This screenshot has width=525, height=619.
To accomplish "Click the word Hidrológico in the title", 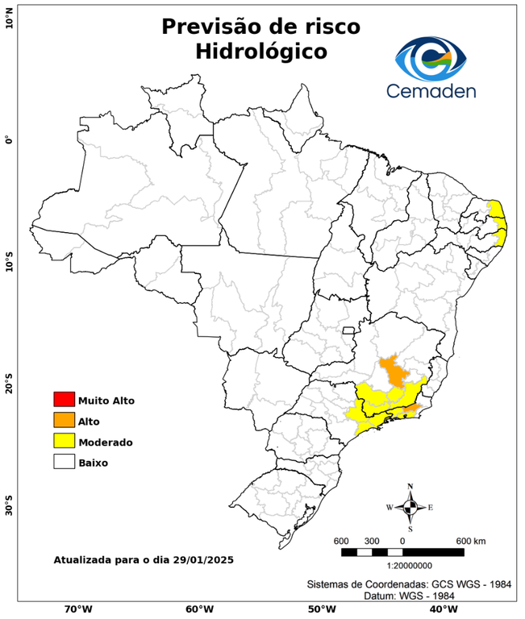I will pyautogui.click(x=260, y=52).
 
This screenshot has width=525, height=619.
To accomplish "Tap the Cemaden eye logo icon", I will pyautogui.click(x=436, y=57).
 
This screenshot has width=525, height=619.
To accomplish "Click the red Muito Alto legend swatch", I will pyautogui.click(x=64, y=400).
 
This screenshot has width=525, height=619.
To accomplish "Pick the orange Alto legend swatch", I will pyautogui.click(x=64, y=421).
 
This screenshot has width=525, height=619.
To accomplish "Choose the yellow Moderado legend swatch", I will pyautogui.click(x=64, y=442).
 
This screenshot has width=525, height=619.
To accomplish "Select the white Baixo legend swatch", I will pyautogui.click(x=64, y=463).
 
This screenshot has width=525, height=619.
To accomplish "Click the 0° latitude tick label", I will pyautogui.click(x=9, y=139).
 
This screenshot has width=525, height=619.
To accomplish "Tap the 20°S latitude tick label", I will pyautogui.click(x=9, y=384).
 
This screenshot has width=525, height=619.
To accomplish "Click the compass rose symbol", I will pyautogui.click(x=410, y=507).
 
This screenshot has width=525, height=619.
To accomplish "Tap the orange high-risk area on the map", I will pyautogui.click(x=394, y=371).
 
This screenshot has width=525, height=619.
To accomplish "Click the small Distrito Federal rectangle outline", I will pyautogui.click(x=349, y=330).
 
